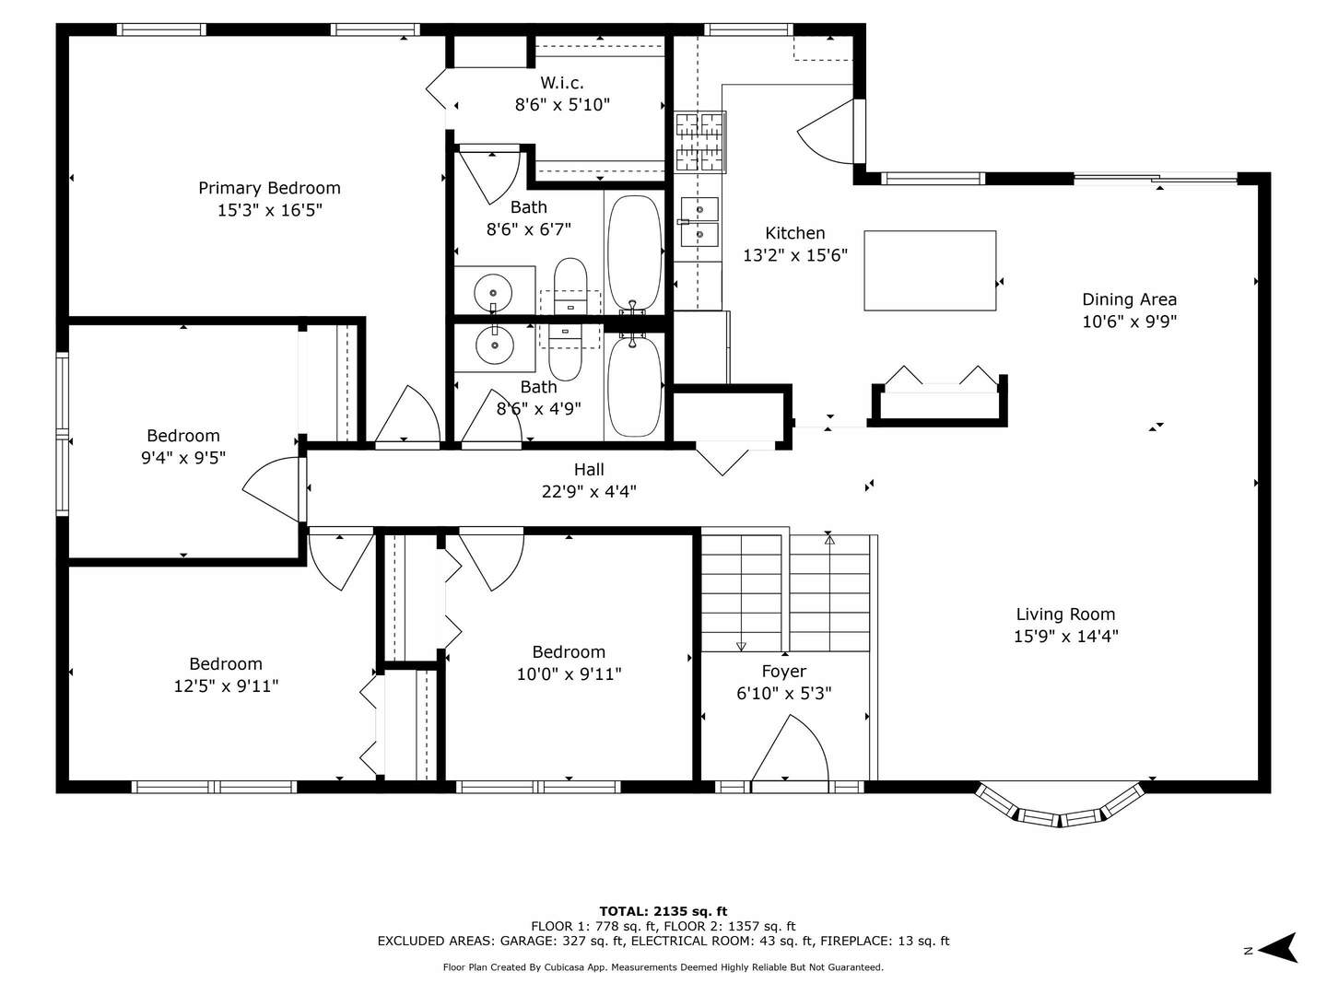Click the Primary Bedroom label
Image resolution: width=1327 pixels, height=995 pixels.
269,188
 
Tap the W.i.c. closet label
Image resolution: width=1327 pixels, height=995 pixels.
561,82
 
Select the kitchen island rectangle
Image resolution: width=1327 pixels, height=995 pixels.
929,270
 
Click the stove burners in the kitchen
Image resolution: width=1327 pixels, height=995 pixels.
699,142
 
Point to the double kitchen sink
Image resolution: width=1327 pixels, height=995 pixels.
699,222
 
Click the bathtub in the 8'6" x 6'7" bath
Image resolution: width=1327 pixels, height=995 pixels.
634,253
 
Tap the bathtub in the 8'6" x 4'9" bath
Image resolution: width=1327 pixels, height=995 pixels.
634,387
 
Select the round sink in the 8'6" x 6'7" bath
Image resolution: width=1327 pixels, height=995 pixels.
493,293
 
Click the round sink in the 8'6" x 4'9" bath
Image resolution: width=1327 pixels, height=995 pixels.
495,345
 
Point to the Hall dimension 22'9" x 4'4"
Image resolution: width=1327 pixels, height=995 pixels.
589,492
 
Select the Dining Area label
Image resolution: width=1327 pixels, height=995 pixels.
1129,299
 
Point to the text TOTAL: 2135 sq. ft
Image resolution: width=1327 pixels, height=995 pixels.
663,911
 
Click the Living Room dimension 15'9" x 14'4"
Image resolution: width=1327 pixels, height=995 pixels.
1066,636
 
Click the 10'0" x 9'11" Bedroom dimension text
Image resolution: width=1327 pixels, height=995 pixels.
569,673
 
